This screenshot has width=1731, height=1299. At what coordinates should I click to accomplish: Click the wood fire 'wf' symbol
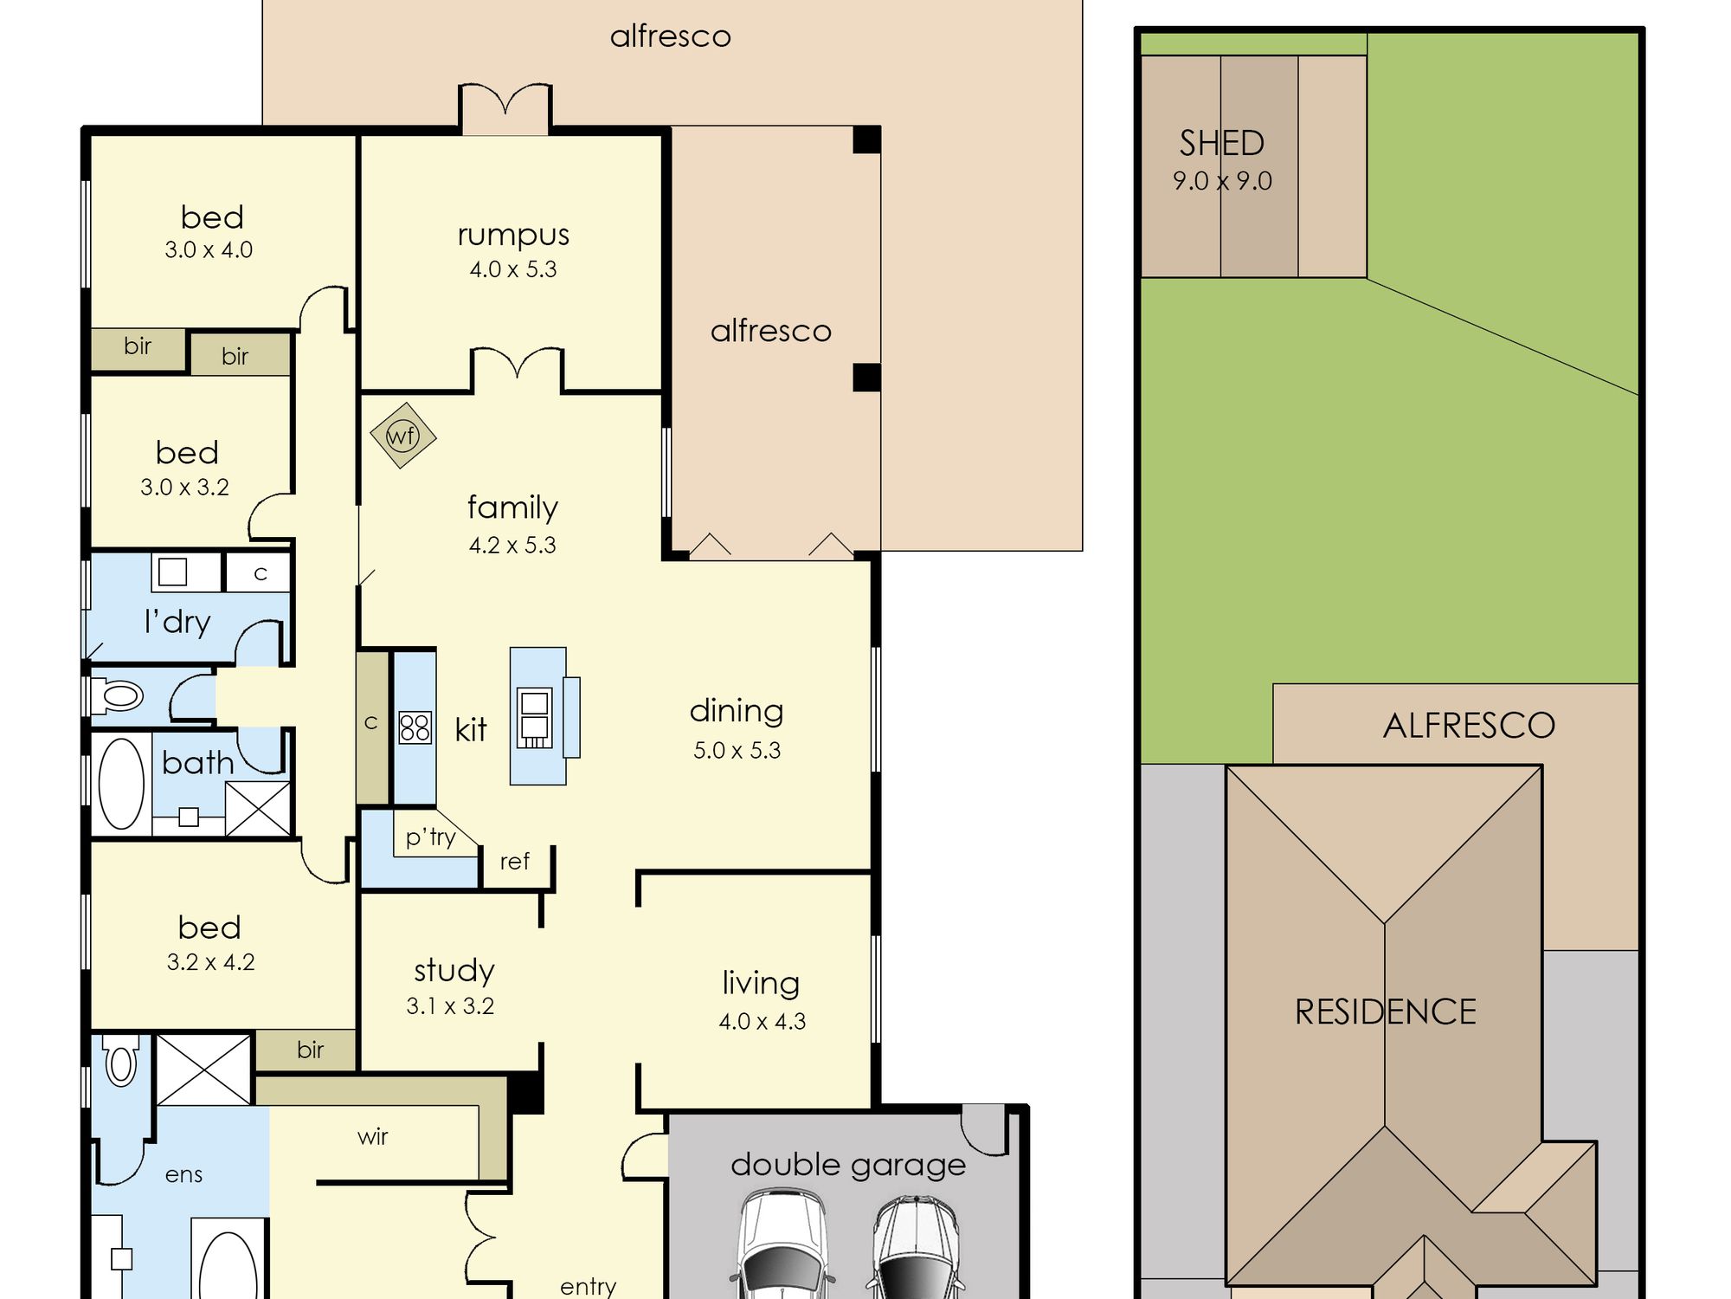[x=402, y=436]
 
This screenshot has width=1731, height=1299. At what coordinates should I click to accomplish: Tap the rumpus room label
[x=513, y=236]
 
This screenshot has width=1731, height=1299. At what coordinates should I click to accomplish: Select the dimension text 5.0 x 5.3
[x=737, y=750]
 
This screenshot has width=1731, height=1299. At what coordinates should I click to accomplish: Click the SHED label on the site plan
[x=1221, y=143]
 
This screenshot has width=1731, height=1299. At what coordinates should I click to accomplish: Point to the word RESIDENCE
[x=1385, y=1011]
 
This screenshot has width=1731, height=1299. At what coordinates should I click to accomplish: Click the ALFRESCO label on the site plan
[x=1469, y=726]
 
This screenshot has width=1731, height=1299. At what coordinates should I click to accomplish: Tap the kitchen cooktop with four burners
[x=415, y=727]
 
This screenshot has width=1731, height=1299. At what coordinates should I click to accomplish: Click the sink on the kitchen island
[x=534, y=717]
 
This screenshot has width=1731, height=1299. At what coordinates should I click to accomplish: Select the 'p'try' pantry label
[x=430, y=837]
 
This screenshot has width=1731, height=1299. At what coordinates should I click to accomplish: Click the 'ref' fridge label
[x=514, y=861]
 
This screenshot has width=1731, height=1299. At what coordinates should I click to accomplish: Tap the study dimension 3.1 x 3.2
[x=450, y=1006]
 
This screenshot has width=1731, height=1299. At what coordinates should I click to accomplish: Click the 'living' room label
[x=761, y=983]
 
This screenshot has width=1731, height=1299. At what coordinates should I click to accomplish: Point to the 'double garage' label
[x=848, y=1166]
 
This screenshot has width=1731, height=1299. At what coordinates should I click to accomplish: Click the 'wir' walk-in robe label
[x=372, y=1136]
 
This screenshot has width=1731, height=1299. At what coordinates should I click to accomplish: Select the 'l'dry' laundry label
[x=177, y=622]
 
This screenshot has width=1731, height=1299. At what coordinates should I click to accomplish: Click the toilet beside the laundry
[x=117, y=695]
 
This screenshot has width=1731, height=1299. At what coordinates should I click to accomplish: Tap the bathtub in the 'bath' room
[x=121, y=783]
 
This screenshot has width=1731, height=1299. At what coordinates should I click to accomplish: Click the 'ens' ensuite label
[x=183, y=1175]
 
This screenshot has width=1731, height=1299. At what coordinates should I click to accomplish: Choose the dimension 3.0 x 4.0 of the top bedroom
[x=209, y=250]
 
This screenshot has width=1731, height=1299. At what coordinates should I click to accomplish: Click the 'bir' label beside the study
[x=310, y=1050]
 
